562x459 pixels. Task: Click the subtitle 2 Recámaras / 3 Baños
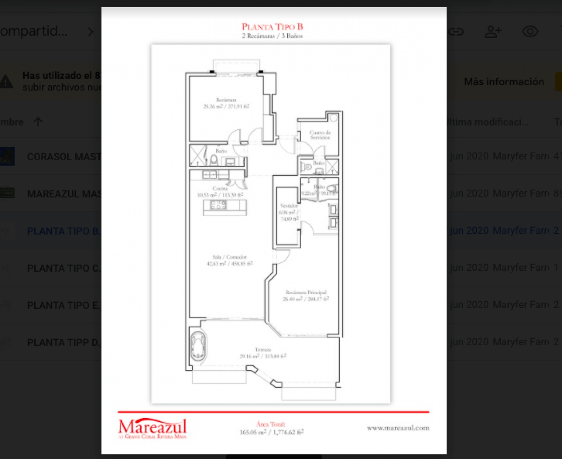point(273,36)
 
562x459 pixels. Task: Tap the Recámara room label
point(226,100)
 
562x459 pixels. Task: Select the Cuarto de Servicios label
point(320,135)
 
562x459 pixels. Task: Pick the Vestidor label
point(288,206)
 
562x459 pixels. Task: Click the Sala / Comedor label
point(229,257)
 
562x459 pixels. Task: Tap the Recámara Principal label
point(305,292)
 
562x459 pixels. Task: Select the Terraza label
point(262,350)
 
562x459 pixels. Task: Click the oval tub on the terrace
point(198,346)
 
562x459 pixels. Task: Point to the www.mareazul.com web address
point(398,428)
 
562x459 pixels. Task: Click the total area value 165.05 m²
point(252,432)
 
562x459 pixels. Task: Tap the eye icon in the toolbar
point(530,32)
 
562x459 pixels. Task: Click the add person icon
point(493,32)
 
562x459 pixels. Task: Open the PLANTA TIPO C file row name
point(64,268)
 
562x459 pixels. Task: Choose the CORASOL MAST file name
point(64,156)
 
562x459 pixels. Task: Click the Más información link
point(504,82)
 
